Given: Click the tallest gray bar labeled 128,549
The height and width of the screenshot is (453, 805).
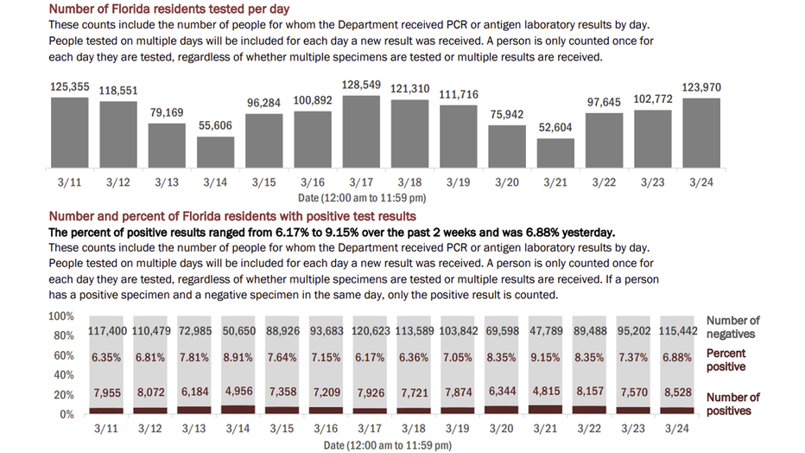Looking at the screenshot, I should point(361,131).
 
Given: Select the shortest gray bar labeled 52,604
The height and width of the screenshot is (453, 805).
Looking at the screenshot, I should point(555,152).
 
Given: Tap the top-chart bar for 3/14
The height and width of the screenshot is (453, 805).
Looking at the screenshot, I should point(215,151).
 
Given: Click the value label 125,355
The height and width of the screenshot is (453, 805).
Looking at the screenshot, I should point(69,87).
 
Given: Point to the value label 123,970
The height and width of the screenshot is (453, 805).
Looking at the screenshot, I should point(701,87).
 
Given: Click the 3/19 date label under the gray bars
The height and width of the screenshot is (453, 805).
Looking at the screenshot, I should point(459,183).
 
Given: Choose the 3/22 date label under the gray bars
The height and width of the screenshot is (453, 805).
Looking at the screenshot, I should point(604,183).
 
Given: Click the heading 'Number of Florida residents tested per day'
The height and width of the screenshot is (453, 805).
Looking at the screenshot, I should point(169,9).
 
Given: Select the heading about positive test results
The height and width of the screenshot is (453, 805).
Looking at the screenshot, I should point(232,215).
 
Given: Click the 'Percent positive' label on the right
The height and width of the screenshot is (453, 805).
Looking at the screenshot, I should point(726,360).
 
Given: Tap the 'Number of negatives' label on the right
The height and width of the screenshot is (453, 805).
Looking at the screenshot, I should point(732,328).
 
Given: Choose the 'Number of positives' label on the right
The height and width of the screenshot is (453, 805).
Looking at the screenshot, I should point(732,404).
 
